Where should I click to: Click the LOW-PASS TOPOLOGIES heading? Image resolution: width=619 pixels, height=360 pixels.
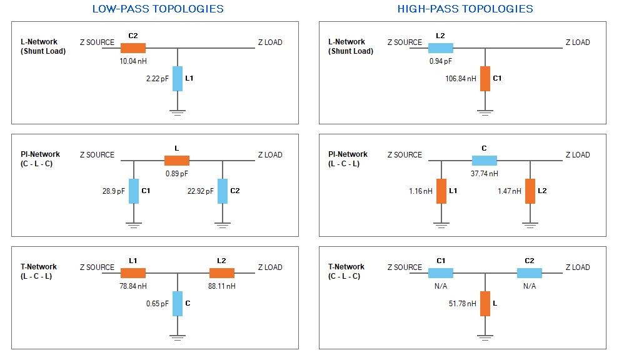(158, 9)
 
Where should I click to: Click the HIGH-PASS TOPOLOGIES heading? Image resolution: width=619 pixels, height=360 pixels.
(465, 9)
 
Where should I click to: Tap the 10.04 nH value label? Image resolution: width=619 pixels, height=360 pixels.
(133, 61)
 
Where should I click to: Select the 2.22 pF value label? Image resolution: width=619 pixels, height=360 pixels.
(157, 79)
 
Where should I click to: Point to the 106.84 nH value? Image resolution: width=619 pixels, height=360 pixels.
(461, 79)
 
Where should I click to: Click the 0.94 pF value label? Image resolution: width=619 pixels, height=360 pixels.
(441, 61)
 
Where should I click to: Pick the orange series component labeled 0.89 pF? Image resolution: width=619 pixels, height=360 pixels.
(177, 161)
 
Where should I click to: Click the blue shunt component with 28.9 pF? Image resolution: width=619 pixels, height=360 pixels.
(134, 191)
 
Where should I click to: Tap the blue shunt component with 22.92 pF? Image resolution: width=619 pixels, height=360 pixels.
(223, 191)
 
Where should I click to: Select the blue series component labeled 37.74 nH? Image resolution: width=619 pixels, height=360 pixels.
(485, 161)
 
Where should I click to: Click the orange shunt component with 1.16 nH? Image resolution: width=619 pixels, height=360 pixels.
(441, 191)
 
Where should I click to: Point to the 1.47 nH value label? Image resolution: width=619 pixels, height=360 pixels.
(509, 191)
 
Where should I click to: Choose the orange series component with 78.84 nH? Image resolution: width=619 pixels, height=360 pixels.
(133, 273)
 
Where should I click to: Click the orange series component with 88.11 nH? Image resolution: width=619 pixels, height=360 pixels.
(222, 273)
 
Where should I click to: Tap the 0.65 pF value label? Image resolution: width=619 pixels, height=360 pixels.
(157, 304)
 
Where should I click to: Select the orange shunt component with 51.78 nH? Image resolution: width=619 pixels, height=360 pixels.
(485, 304)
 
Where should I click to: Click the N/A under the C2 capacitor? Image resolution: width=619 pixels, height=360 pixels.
(530, 286)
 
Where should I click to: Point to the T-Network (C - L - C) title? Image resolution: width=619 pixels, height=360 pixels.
(346, 272)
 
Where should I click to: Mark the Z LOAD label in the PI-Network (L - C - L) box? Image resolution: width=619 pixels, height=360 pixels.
(578, 155)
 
